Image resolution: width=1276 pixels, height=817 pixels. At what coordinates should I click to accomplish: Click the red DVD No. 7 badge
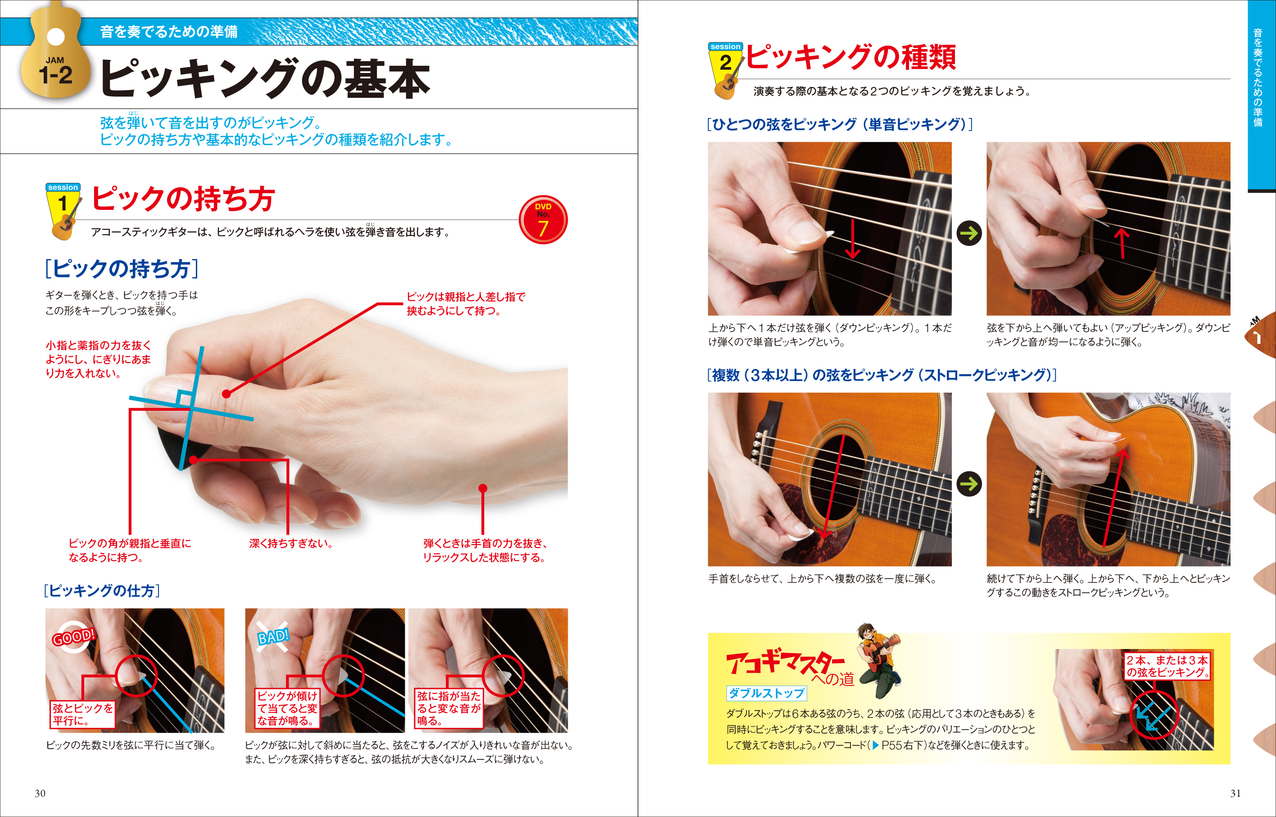pyautogui.click(x=543, y=220)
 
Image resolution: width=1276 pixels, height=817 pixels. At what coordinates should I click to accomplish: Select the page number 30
pyautogui.click(x=41, y=793)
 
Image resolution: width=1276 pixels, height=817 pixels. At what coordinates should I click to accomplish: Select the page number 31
pyautogui.click(x=1235, y=793)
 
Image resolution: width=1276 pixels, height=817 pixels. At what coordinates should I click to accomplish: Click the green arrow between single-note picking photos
pyautogui.click(x=969, y=233)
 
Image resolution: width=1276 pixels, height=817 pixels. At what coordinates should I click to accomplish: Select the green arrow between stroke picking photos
pyautogui.click(x=969, y=484)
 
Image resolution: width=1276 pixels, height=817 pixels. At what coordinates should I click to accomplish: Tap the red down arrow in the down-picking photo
pyautogui.click(x=852, y=239)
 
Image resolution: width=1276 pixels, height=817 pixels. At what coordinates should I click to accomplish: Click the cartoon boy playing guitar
pyautogui.click(x=878, y=661)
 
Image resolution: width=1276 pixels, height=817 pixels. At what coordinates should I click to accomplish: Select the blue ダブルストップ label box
pyautogui.click(x=766, y=693)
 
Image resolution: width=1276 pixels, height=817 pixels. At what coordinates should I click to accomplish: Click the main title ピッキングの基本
pyautogui.click(x=265, y=78)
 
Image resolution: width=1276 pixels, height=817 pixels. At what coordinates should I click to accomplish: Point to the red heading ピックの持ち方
pyautogui.click(x=183, y=199)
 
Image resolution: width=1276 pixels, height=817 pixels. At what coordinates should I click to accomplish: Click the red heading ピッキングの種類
pyautogui.click(x=851, y=57)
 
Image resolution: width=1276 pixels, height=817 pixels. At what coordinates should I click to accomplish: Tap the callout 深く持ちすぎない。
pyautogui.click(x=290, y=543)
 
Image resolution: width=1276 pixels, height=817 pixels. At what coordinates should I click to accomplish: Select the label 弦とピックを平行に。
pyautogui.click(x=82, y=714)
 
